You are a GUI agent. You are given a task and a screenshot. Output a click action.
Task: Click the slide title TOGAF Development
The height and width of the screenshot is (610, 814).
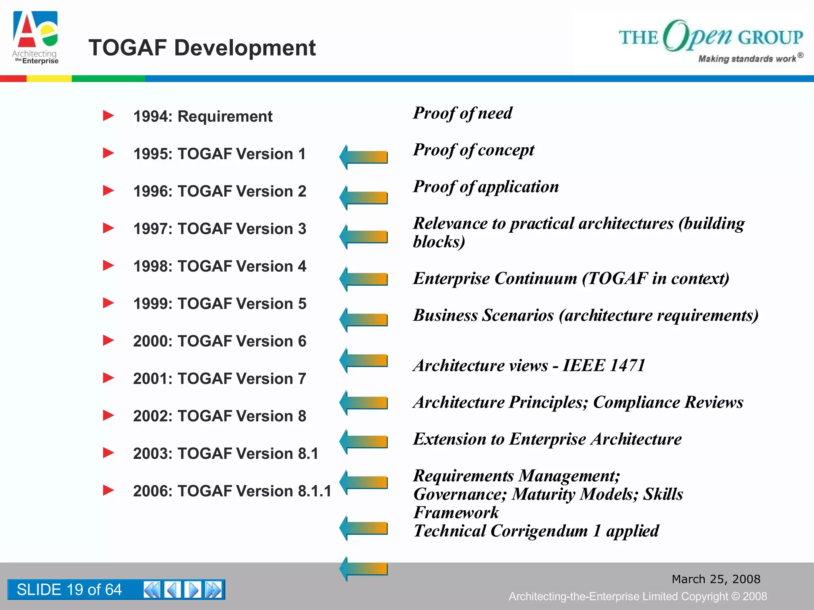click(x=202, y=48)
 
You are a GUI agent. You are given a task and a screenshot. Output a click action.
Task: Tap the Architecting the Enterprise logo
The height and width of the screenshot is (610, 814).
click(x=35, y=38)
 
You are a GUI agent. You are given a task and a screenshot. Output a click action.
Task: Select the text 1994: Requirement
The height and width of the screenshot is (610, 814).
click(x=203, y=117)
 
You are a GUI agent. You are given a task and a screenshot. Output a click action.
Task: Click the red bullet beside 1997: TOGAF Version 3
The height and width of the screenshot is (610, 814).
click(x=108, y=228)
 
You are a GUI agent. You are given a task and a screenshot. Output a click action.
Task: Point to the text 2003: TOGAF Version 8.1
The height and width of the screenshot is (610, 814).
click(x=225, y=454)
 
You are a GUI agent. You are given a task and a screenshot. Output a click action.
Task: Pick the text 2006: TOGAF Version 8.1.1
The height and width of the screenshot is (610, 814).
click(x=232, y=491)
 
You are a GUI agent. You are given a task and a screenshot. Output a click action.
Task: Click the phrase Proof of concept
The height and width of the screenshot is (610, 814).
click(x=473, y=150)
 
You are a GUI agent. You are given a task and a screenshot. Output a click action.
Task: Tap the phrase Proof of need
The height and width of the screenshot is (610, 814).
click(x=463, y=113)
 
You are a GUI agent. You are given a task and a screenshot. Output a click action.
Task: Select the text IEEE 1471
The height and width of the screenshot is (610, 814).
click(x=604, y=365)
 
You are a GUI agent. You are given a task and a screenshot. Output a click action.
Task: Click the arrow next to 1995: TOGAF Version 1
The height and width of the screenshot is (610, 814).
click(x=363, y=157)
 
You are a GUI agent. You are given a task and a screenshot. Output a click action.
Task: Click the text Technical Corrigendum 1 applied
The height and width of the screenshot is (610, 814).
click(x=536, y=531)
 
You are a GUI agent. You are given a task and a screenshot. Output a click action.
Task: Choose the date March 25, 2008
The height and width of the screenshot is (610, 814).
click(x=715, y=579)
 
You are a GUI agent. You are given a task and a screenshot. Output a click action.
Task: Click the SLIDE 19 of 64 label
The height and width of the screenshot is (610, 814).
click(x=69, y=590)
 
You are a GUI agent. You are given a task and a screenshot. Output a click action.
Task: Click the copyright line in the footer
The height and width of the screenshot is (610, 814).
click(x=638, y=596)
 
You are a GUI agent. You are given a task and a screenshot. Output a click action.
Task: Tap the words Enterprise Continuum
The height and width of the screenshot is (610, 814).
click(x=495, y=278)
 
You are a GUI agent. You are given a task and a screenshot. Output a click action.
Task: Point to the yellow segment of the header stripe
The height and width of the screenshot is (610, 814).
click(x=49, y=79)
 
